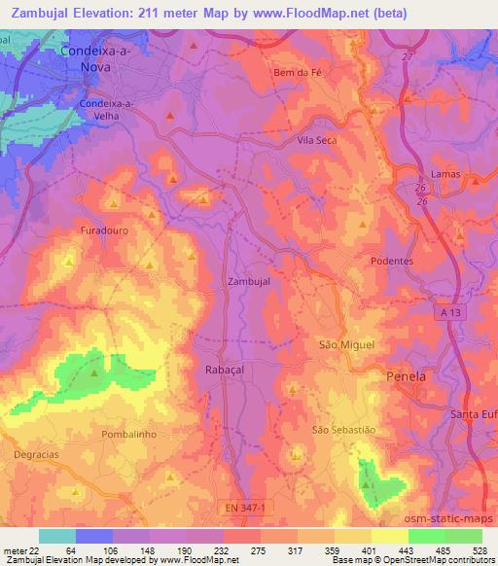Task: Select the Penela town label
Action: point(407,375)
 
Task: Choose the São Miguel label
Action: point(346,344)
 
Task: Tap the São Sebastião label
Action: point(343,429)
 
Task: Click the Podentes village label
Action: point(393,262)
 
